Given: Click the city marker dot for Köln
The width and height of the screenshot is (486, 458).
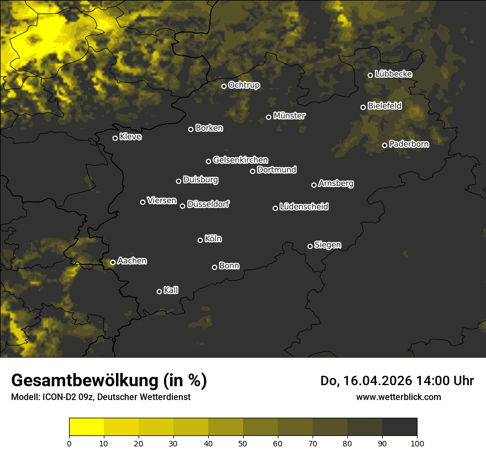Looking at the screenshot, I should pos(200,240).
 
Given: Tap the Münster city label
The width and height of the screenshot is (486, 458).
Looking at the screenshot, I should pos(289,116).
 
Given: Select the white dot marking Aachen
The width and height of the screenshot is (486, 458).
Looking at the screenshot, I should pos(113,262).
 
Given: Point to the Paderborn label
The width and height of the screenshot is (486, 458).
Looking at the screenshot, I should pos(409,144).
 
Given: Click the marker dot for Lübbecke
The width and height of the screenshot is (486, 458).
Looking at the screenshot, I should pos(370,75).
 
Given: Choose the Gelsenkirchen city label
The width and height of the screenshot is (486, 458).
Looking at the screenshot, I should pos(240,160).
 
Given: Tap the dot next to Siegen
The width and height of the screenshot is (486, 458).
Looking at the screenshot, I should pos(310,246).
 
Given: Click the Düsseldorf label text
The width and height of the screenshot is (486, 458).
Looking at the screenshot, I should pos(208,204).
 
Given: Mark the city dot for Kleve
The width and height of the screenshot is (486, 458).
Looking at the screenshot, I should pos(115,138).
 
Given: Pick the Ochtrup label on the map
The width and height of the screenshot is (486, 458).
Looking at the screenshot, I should pos(244,85).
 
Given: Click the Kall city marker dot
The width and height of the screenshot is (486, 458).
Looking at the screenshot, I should pos(159,291).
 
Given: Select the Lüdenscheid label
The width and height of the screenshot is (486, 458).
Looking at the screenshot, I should pos(304,207).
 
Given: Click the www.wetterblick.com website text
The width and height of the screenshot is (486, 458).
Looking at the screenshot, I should pos(398,397).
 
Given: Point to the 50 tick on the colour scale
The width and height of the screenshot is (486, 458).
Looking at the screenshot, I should pos(243,443).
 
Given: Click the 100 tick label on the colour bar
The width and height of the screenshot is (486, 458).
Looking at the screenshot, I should pos(417,443).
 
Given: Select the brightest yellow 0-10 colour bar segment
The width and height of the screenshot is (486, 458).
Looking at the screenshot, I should pos(86,427).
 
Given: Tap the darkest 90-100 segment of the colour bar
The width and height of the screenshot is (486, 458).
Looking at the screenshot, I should pos(399,427).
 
